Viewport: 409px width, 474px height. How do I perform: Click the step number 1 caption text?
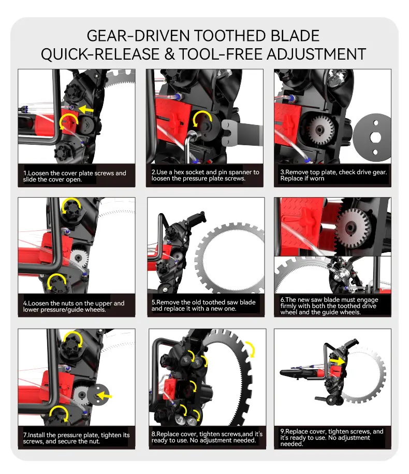point(75,176)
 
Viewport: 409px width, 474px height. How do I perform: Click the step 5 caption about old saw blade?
point(203,305)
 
